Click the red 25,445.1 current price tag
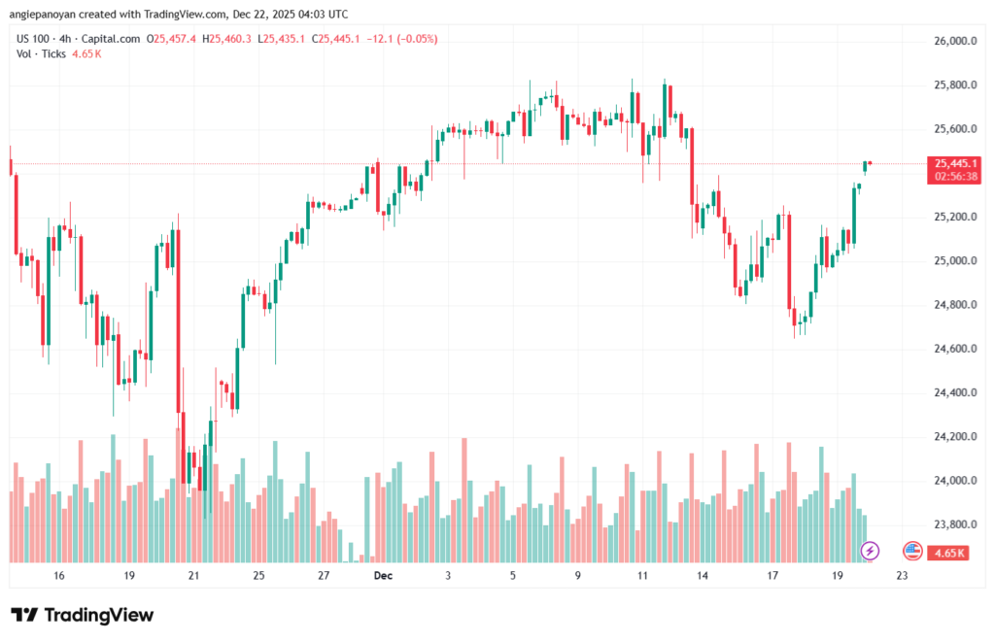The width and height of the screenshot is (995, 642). [954, 163]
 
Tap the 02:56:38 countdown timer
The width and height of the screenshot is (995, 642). [954, 177]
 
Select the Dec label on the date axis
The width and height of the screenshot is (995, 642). [382, 576]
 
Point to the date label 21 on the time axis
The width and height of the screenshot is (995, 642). [193, 576]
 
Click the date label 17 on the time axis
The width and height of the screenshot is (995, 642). [773, 576]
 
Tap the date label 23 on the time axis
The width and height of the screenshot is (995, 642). [902, 576]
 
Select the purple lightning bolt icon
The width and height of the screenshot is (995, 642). [871, 551]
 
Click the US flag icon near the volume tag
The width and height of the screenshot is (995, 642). [911, 551]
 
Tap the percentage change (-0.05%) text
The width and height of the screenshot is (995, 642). [414, 39]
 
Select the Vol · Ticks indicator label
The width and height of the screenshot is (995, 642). [42, 54]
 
